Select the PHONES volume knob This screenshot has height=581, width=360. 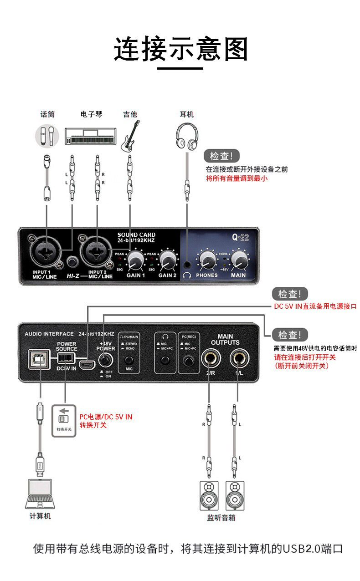click(x=207, y=261)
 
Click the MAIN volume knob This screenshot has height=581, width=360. click(x=238, y=261)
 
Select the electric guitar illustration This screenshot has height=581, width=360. click(x=130, y=136)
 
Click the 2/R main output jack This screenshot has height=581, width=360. click(x=210, y=360)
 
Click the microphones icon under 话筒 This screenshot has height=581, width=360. click(x=47, y=135)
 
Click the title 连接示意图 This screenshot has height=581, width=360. click(x=180, y=49)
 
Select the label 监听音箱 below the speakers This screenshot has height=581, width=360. click(x=221, y=518)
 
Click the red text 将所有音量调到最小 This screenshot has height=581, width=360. click(x=237, y=178)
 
